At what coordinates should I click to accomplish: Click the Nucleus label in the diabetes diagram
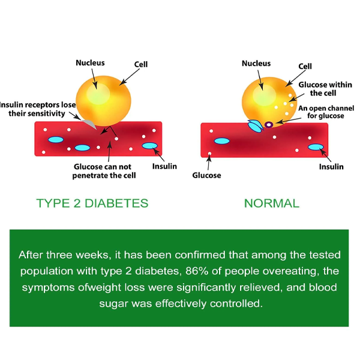click(x=90, y=62)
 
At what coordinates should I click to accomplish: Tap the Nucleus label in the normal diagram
click(x=256, y=62)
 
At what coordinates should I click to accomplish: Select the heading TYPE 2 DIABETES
click(x=92, y=203)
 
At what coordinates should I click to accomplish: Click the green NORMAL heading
click(x=271, y=203)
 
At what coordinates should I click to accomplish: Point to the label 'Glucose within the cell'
click(x=317, y=89)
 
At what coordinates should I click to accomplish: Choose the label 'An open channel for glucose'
click(x=321, y=112)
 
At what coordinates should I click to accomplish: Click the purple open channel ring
click(x=269, y=124)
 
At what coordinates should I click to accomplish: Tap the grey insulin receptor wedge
click(x=89, y=122)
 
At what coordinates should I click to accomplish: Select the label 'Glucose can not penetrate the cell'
click(x=105, y=171)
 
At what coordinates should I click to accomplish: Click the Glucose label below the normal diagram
click(x=206, y=175)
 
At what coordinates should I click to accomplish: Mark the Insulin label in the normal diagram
click(x=331, y=166)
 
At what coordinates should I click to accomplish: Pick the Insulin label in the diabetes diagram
click(x=164, y=166)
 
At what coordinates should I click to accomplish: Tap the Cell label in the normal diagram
click(x=305, y=66)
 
